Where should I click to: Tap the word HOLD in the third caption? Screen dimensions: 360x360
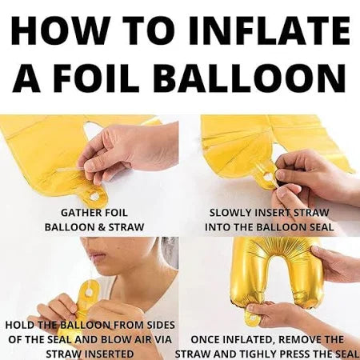[21, 326]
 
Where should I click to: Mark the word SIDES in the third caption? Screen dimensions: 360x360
[159, 326]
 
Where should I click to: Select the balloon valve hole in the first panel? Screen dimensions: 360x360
[94, 196]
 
